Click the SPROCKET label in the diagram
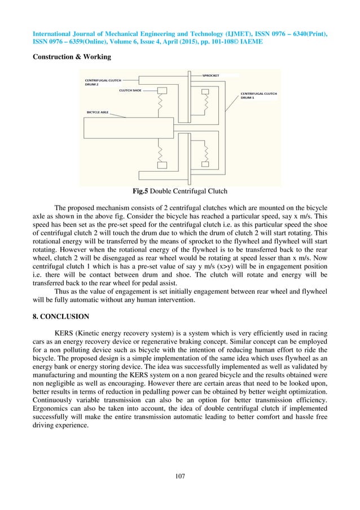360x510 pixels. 212,74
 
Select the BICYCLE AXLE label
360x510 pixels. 98,112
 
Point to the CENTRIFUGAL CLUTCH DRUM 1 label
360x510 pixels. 258,95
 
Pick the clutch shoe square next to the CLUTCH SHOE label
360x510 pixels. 163,91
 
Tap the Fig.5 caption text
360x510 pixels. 179,191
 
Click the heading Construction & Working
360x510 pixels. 71,57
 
